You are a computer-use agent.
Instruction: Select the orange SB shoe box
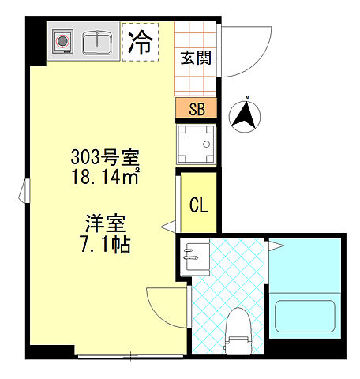click(x=197, y=109)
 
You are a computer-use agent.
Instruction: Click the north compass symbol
click(x=246, y=118)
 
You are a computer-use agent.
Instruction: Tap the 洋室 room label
click(x=101, y=224)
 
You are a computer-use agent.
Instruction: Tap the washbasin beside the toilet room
click(x=192, y=256)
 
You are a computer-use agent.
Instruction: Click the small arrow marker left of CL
click(x=167, y=229)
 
